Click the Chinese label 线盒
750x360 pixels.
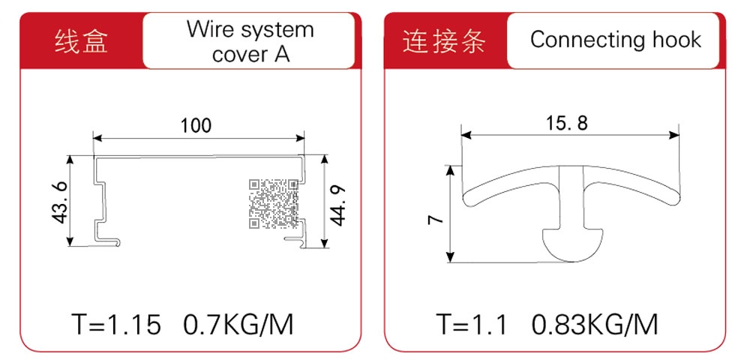coord(81,40)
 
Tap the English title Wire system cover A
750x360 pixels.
coord(250,41)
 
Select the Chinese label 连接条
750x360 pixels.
coord(443,40)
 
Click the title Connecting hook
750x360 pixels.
coord(616,40)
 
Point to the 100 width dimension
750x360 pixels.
coord(196,126)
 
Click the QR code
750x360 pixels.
coord(274,203)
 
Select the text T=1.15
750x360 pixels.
coord(115,325)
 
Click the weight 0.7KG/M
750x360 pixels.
coord(238,325)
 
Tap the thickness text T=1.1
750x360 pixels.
coord(471,325)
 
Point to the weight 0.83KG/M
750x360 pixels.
coord(595,325)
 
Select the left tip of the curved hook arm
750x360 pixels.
coord(464,198)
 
